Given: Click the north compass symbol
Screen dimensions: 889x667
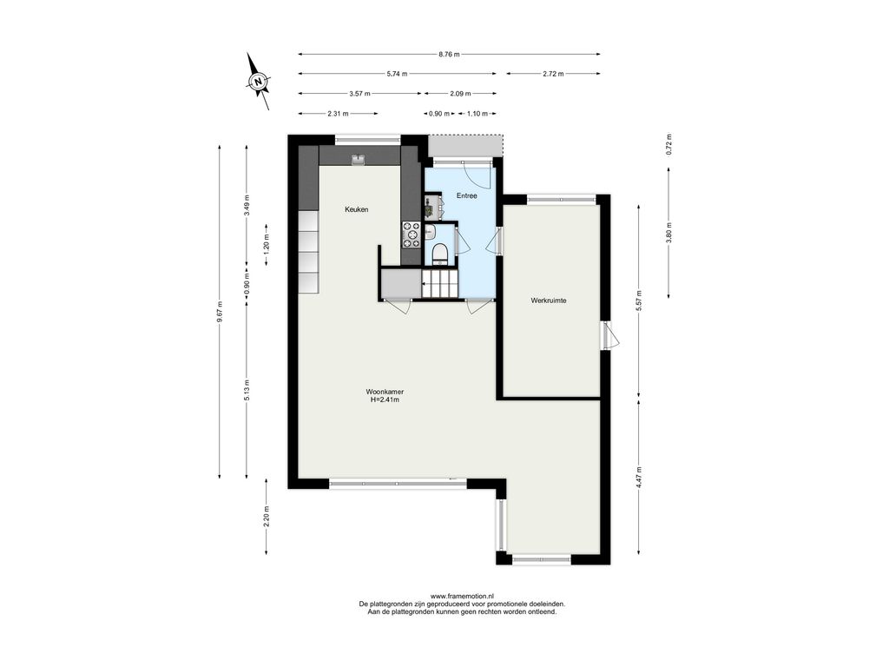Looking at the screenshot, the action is [258, 81].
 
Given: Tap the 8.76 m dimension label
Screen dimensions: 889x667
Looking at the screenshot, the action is [449, 55].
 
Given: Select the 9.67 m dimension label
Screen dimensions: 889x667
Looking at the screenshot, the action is [220, 312].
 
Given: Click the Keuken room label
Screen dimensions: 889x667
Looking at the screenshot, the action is [357, 209].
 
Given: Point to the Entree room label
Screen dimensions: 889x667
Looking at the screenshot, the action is [466, 195].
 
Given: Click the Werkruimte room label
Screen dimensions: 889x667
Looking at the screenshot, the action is [549, 300].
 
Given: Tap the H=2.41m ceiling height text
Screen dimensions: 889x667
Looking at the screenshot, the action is [385, 400].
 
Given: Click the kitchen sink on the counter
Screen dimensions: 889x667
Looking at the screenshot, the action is [359, 160].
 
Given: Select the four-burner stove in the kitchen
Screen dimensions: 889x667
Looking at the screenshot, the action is [411, 234].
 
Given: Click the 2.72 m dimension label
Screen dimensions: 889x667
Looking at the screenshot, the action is [553, 74].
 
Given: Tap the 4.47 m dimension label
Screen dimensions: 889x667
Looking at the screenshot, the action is [639, 478].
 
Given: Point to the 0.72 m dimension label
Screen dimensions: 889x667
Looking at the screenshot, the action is [668, 145].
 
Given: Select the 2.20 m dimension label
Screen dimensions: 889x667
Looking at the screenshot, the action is [267, 516].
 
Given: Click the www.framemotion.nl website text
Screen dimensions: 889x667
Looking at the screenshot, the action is [462, 596].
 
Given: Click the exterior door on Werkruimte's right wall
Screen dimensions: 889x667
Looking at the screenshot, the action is [609, 336].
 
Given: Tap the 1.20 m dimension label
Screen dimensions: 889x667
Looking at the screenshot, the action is [267, 245].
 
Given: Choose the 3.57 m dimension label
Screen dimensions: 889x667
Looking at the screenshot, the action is [359, 94].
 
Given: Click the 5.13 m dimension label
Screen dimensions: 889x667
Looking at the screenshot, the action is [246, 390].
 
